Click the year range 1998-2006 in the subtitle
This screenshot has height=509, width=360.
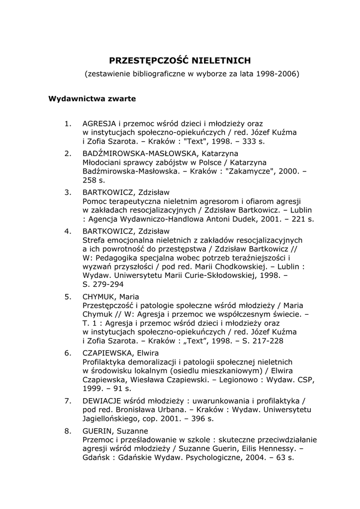(x=277, y=74)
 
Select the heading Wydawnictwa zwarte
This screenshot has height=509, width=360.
(x=92, y=98)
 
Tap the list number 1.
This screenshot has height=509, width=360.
(x=68, y=123)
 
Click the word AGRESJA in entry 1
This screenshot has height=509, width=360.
(x=99, y=123)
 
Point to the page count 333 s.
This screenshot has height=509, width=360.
(x=254, y=142)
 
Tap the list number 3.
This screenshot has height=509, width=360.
(x=68, y=192)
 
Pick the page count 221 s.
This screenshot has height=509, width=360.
(x=303, y=219)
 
